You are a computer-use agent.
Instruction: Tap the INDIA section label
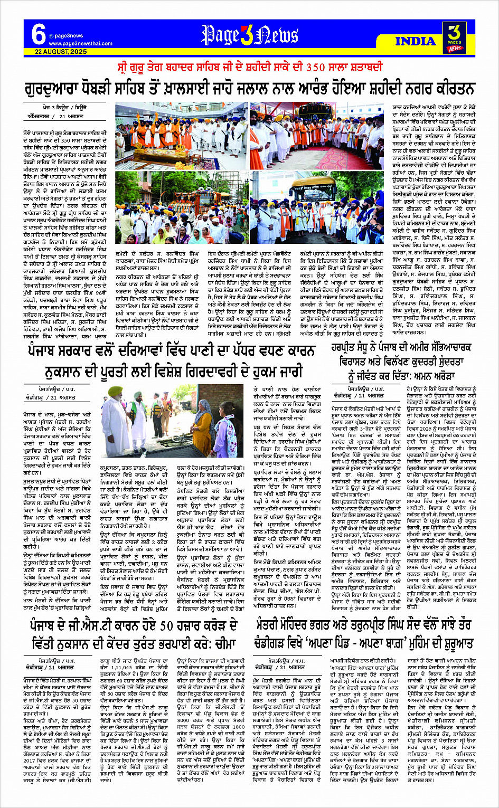coord(416,41)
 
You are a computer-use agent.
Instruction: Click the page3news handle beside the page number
coord(67,36)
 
